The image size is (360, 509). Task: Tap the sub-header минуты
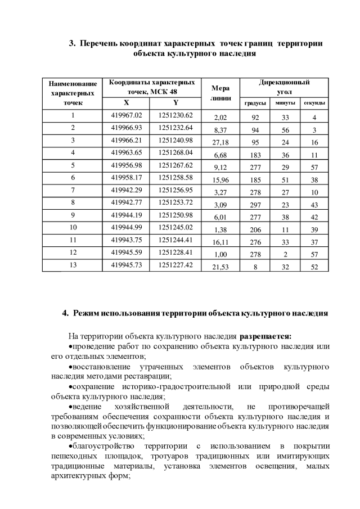click(285, 103)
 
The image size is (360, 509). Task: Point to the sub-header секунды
click(314, 103)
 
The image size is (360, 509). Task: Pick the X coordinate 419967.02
click(127, 115)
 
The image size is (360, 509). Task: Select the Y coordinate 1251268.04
click(175, 152)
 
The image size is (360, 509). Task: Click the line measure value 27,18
click(220, 143)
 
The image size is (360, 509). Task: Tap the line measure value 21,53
click(220, 268)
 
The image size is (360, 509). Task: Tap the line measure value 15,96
click(220, 180)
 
